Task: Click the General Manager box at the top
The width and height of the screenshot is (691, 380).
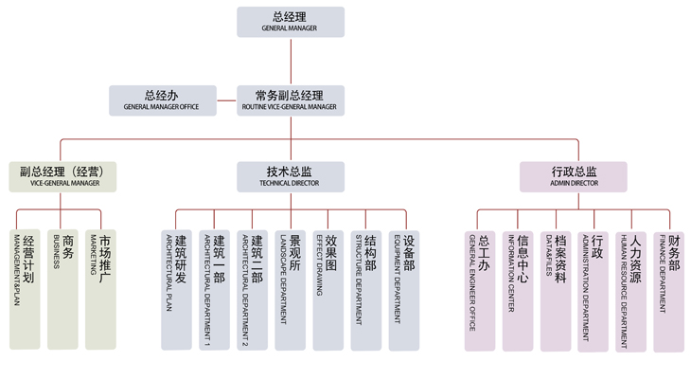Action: click(x=290, y=22)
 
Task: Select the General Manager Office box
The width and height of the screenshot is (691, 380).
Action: click(x=162, y=100)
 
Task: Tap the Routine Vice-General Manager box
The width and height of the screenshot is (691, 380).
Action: click(x=290, y=100)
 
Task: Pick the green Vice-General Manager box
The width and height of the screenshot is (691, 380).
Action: click(x=63, y=176)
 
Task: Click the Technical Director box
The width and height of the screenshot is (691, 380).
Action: click(x=290, y=176)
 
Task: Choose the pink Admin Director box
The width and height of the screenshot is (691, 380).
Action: click(x=574, y=176)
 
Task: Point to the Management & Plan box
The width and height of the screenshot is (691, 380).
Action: click(x=26, y=289)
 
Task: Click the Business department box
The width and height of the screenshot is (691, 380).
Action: click(x=63, y=289)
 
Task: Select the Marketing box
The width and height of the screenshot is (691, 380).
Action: click(x=101, y=289)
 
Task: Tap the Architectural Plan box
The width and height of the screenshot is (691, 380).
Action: click(x=177, y=289)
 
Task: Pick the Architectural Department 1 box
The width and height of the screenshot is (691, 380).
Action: click(x=215, y=289)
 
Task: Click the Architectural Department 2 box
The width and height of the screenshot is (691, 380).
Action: click(x=253, y=289)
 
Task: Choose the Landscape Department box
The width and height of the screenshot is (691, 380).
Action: click(x=291, y=289)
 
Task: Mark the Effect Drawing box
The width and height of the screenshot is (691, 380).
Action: click(x=328, y=289)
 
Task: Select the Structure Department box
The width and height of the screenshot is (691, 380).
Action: click(x=366, y=289)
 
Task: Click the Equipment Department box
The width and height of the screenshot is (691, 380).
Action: click(x=404, y=289)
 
